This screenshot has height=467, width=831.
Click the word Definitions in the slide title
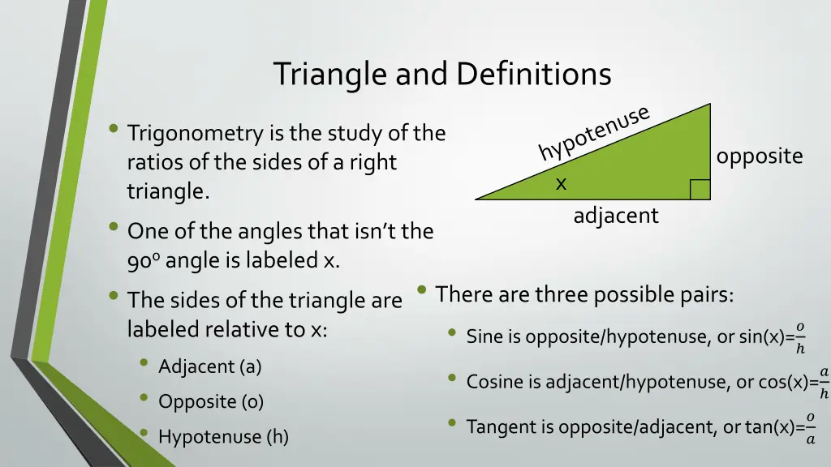pos(533,74)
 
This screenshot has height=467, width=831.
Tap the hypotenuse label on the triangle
pos(593,133)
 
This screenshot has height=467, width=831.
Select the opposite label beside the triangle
pos(759,156)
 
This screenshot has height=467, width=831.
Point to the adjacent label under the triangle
pos(616,216)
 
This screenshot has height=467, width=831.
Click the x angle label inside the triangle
pos(561,185)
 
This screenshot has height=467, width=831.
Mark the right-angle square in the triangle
pos(700,190)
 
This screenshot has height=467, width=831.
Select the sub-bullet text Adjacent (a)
pos(209,366)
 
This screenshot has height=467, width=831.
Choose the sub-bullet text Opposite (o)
pos(211,401)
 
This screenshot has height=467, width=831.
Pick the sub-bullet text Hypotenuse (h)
pos(223,437)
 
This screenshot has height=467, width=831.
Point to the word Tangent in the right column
pos(497,427)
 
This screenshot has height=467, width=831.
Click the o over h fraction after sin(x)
pos(800,337)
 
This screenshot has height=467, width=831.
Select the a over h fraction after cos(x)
pos(823,383)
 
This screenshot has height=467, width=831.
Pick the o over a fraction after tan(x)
pos(809,428)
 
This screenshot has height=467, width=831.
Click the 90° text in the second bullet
pos(144,261)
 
